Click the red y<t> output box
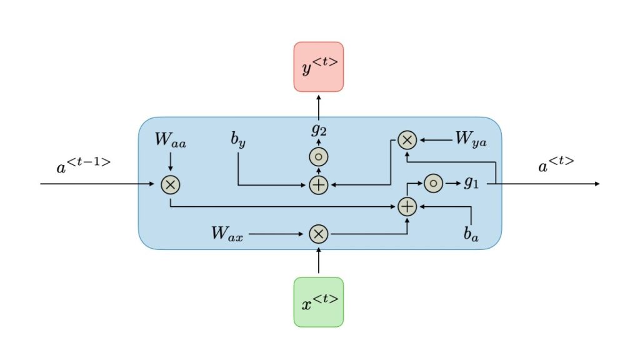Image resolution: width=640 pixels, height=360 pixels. coord(319,67)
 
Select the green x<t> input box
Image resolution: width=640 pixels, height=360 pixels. coord(319,302)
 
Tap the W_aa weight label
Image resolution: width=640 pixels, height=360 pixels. coord(170,140)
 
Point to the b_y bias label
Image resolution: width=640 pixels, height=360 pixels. coord(238,140)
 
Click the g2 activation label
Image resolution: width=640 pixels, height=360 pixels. coord(319,131)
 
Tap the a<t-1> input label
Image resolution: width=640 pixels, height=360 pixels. coord(83,166)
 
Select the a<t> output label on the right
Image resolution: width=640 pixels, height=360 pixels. coord(556,166)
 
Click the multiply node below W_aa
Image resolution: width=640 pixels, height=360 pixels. coord(170,184)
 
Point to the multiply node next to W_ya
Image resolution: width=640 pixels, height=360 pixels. coord(407,141)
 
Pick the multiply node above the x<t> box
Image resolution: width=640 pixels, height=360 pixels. coord(319,234)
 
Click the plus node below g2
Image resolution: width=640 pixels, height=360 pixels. coord(319,184)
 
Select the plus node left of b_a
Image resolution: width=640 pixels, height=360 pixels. coord(407,206)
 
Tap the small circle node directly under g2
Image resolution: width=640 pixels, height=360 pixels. coord(319,157)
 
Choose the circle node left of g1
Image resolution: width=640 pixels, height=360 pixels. coord(433,184)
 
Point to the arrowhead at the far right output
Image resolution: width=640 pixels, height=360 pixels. coord(597,184)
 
